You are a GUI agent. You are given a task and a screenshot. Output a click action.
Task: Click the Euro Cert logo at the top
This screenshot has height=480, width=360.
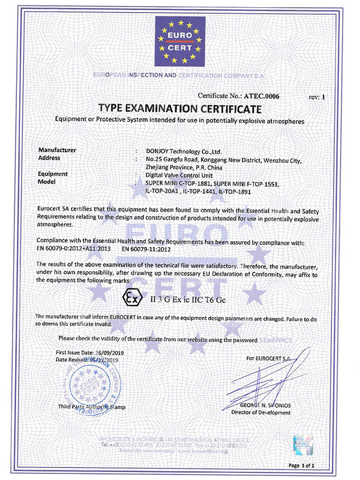coord(180,42)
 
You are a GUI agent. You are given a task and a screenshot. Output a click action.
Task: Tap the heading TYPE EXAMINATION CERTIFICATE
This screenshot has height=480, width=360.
coord(180,109)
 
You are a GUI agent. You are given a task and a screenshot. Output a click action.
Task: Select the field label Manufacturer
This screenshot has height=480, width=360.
coord(57,149)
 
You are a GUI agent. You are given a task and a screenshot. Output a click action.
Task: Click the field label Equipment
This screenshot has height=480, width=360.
coord(55,173)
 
